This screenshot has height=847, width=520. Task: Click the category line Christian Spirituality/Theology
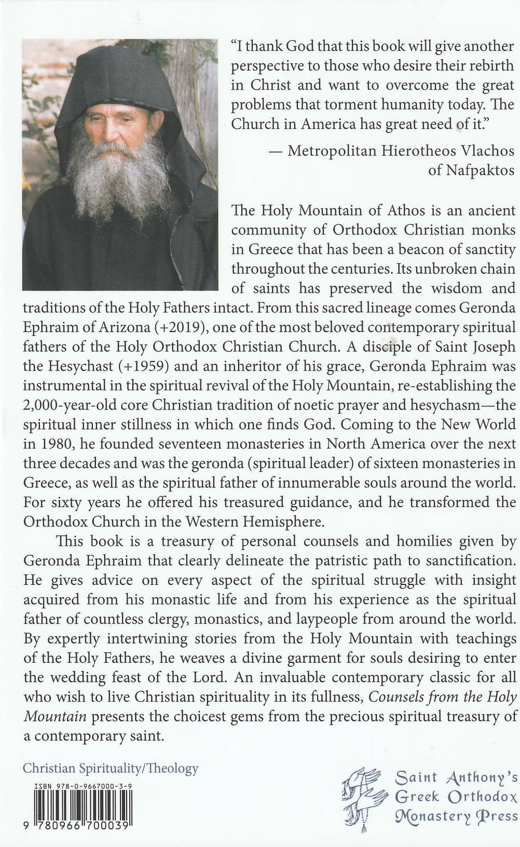[111, 769]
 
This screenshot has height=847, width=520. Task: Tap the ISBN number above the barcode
[83, 786]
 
